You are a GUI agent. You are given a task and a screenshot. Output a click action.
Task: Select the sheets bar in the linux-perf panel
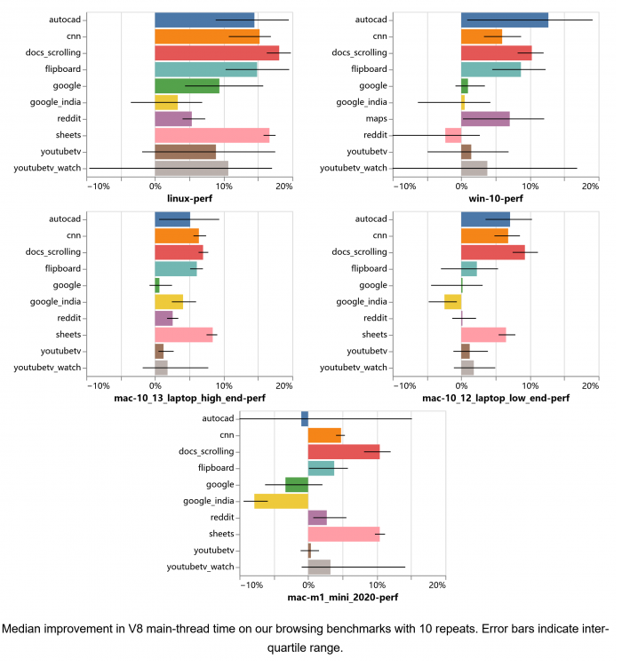pos(211,135)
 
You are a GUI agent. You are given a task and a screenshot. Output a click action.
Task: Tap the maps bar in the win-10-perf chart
pos(485,118)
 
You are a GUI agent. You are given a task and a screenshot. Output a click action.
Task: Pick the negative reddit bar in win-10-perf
pos(453,135)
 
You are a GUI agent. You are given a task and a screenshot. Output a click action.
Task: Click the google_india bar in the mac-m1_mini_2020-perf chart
pos(281,501)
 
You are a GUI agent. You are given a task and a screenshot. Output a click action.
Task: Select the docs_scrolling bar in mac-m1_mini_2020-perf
pos(344,451)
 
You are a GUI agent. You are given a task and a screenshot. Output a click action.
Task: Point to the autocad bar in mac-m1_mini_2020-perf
pos(305,418)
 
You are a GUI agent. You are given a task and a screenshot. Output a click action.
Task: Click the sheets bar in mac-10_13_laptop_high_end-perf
pos(184,335)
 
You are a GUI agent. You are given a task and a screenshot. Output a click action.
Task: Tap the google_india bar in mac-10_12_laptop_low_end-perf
pos(452,301)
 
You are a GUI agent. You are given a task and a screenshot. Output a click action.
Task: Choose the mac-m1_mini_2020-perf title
pos(342,599)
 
